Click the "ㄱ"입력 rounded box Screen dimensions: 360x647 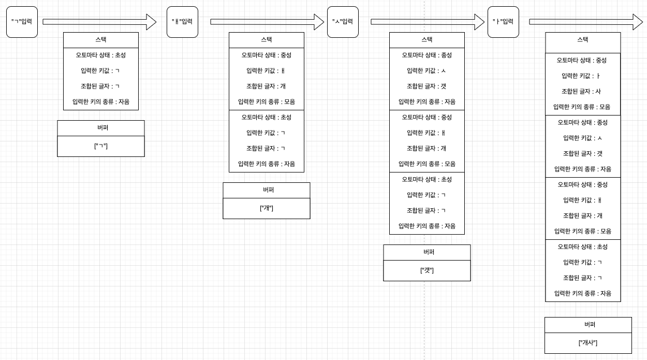22,22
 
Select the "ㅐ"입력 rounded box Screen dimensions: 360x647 182,22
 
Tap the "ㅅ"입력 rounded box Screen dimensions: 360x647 343,22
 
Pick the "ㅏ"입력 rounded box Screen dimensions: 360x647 503,22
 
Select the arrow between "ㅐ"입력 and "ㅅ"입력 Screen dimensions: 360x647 267,22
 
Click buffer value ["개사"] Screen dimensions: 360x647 588,343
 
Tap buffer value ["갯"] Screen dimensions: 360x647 427,270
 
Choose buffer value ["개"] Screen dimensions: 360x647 267,208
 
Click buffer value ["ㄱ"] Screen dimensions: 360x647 101,146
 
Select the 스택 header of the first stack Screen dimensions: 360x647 101,40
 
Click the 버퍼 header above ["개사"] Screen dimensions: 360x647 588,325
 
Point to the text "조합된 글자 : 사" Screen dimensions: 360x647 581,91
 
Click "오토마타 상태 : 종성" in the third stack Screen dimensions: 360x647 427,55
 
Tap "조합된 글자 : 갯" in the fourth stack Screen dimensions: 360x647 583,153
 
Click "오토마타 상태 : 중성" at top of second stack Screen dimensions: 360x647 267,55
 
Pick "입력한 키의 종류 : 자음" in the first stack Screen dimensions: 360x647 101,102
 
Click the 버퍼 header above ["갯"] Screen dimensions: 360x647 427,252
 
